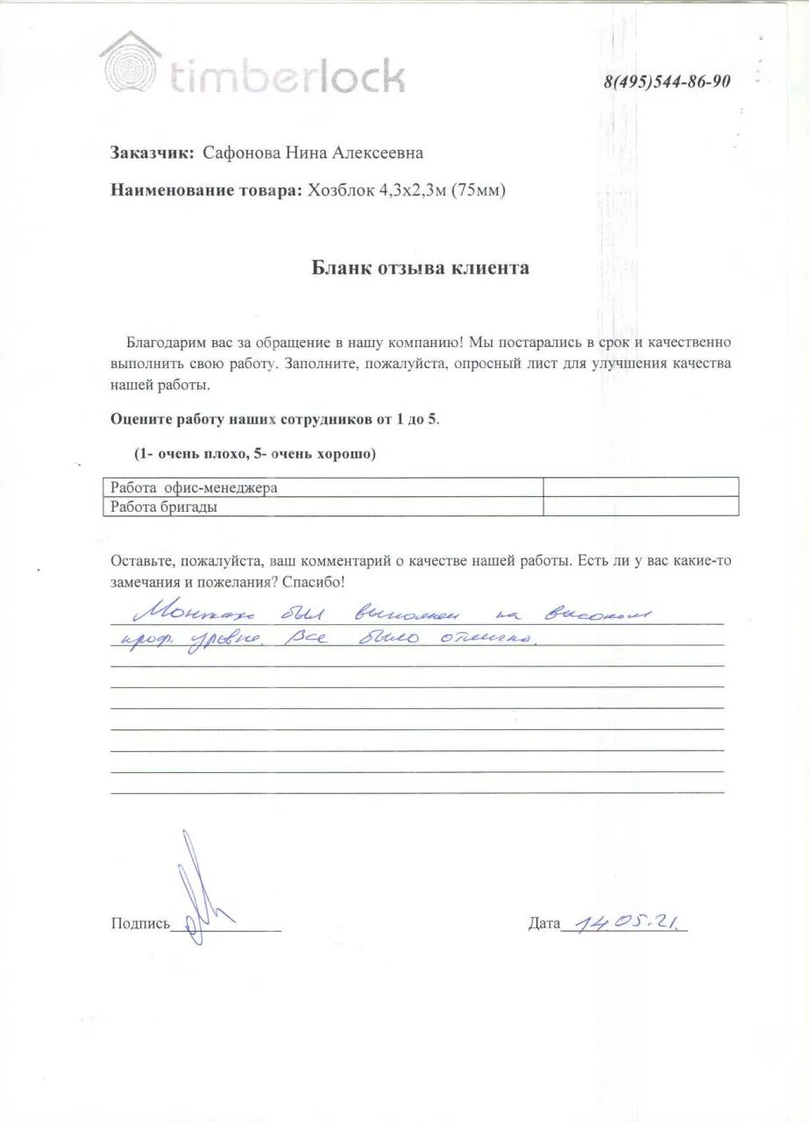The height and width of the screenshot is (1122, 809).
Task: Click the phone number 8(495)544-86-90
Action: click(x=668, y=82)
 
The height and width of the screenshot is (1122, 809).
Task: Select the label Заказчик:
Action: click(x=152, y=153)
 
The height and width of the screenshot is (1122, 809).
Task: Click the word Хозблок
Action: click(x=338, y=190)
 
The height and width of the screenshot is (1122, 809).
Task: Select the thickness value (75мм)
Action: click(x=478, y=190)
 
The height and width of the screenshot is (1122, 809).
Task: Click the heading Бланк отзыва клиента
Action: click(x=421, y=268)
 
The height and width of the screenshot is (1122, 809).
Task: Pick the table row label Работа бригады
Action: click(x=160, y=507)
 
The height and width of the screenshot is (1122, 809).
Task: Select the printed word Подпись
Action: click(x=139, y=923)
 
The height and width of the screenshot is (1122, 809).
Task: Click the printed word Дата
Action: click(x=543, y=923)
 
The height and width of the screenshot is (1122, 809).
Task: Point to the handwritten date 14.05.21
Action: click(x=623, y=921)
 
